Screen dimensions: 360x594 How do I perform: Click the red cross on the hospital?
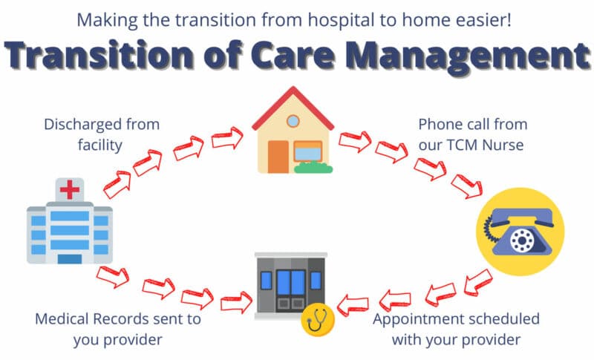(x=70, y=191)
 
